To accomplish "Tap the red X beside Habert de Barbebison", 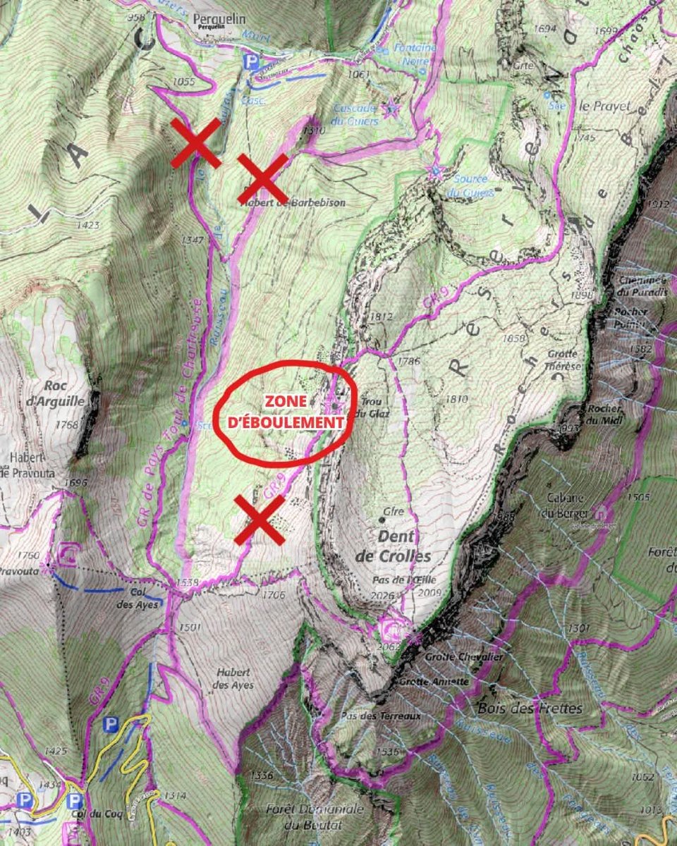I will point(262,178).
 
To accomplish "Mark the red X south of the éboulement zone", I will point(260,520).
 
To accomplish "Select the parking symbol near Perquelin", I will point(250,62).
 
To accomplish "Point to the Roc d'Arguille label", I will point(64,393).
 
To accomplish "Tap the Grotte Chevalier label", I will point(453,657).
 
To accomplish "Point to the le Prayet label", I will point(599,107).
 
